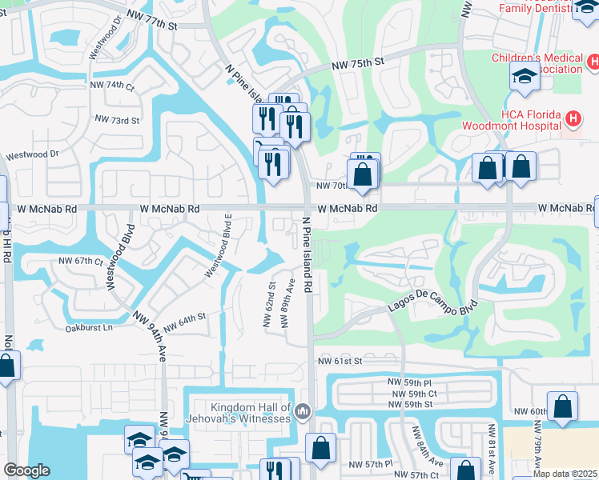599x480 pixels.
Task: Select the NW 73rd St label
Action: (117, 120)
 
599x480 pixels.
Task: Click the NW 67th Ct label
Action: (81, 262)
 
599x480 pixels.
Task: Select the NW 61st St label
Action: (340, 362)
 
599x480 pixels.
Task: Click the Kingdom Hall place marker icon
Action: (303, 412)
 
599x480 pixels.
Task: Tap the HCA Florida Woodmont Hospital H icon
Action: (573, 120)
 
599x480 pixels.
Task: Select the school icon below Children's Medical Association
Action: (525, 77)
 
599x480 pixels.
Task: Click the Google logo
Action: (26, 470)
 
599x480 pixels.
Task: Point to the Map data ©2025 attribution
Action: (564, 474)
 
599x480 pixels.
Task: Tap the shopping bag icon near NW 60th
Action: (562, 406)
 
